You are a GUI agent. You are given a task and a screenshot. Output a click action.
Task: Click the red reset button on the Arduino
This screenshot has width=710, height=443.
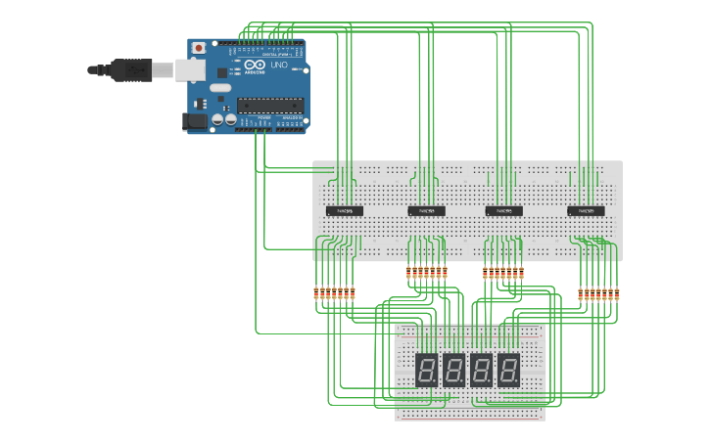point(199,47)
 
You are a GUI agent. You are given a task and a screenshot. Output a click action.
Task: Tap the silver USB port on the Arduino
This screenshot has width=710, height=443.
point(190,69)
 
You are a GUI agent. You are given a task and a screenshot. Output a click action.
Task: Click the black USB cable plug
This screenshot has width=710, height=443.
point(131,69)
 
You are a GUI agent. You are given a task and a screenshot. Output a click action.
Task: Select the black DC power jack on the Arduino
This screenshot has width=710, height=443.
point(194,121)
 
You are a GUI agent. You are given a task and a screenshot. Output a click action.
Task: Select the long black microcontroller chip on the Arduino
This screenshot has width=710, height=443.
point(269,105)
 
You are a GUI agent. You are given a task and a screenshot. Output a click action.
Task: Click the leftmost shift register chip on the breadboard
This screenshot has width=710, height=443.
point(344,210)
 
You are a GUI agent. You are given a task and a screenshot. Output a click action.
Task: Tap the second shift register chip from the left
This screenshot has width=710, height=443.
point(426,210)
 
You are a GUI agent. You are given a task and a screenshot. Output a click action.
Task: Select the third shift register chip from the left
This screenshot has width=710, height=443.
point(503,210)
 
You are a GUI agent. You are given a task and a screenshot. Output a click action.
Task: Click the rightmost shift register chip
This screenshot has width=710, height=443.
point(586,210)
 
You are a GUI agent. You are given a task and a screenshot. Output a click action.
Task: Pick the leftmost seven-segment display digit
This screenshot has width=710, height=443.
point(426,370)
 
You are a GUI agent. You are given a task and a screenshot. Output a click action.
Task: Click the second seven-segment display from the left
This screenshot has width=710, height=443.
point(453,370)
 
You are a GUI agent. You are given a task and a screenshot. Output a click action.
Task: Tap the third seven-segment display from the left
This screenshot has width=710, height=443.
point(481,370)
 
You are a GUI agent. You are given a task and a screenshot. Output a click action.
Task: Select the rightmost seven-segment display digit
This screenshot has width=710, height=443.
point(508,370)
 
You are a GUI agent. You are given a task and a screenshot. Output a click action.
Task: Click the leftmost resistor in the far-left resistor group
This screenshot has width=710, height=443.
point(316,293)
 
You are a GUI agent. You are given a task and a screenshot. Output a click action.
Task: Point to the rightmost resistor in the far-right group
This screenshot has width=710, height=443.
point(617,293)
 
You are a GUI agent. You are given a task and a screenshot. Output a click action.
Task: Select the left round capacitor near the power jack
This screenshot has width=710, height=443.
point(217,119)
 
